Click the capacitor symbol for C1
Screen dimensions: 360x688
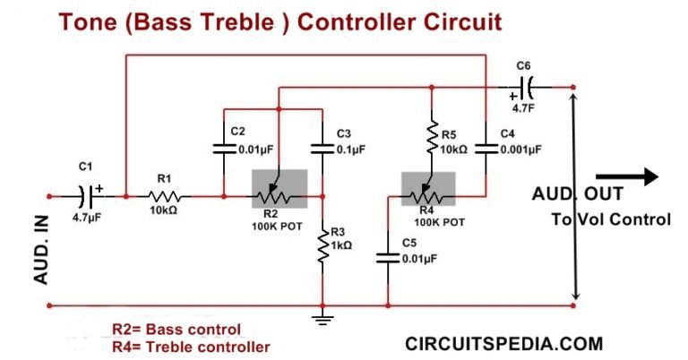click(88, 194)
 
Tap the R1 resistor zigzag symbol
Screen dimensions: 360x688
click(166, 195)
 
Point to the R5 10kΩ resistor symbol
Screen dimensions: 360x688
click(433, 138)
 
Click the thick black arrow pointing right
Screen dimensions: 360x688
click(627, 177)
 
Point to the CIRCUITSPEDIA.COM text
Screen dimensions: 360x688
click(504, 343)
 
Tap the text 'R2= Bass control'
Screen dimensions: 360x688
click(176, 328)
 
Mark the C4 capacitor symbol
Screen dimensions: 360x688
click(485, 149)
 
